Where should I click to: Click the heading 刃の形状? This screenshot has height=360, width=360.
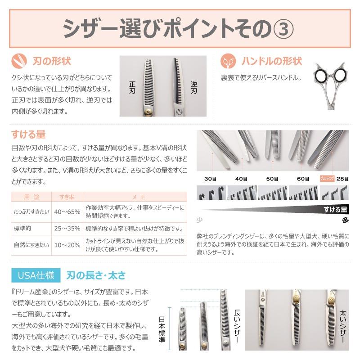pos(52,61)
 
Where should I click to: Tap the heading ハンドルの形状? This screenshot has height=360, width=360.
pos(272,61)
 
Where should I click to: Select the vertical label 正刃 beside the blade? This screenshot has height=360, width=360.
pos(132,87)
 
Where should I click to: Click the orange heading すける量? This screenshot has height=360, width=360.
pos(28,134)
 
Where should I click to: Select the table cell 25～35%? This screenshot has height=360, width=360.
pos(67,229)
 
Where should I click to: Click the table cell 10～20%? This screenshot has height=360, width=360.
pos(67,245)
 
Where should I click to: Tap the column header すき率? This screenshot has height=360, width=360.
pos(67,197)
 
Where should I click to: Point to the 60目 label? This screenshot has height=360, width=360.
pos(303,179)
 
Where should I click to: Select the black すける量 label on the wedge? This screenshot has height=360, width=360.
pos(335,209)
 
